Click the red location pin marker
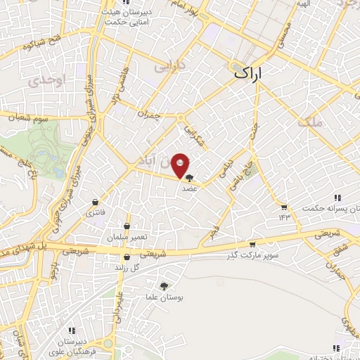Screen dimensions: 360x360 pos(181,165)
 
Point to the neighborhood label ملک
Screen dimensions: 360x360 pos(311,122)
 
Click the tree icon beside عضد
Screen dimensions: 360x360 pos(189,179)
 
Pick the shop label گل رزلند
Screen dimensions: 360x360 pos(127,268)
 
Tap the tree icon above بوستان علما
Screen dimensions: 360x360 pos(165,286)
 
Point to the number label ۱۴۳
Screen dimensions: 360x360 pos(283,217)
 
